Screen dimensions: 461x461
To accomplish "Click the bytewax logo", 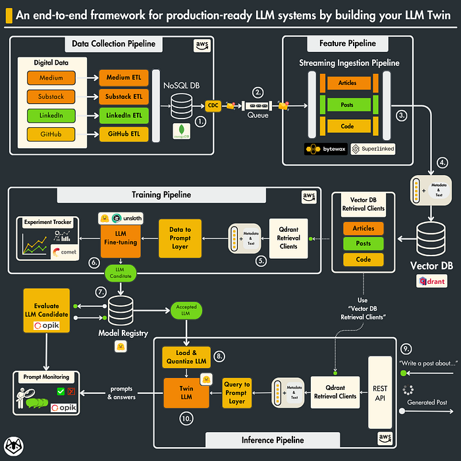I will click(x=325, y=149).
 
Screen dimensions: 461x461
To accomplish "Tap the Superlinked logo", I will click(x=373, y=149).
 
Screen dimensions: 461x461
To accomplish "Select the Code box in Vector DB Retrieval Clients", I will click(x=363, y=260).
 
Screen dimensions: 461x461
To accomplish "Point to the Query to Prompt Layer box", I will click(x=236, y=393).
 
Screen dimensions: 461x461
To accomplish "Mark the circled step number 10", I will click(x=186, y=418).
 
